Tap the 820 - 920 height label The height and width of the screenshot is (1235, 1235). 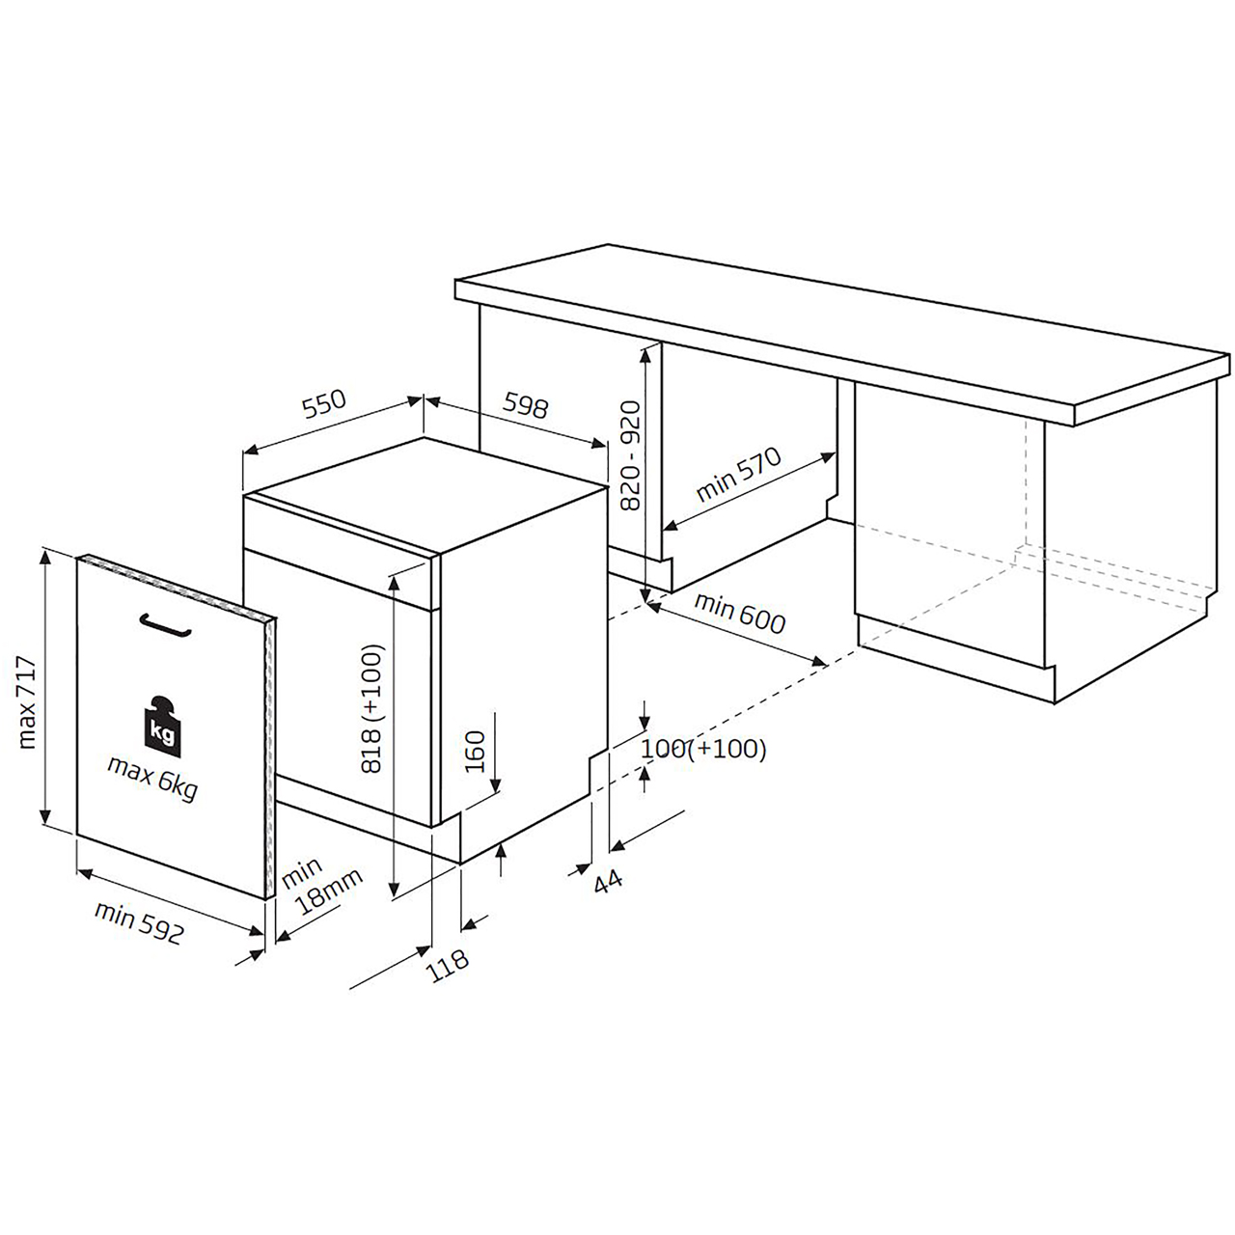point(629,456)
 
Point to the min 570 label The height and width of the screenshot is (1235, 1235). point(738,475)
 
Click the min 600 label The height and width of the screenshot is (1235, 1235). point(740,615)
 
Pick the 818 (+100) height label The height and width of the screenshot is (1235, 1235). point(373,709)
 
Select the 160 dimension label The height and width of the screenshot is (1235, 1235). point(474,751)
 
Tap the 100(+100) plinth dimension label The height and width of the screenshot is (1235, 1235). point(703,749)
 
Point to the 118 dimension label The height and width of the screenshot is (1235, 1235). point(449,961)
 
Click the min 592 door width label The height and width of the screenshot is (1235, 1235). point(139,921)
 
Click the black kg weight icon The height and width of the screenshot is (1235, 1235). point(160,723)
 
